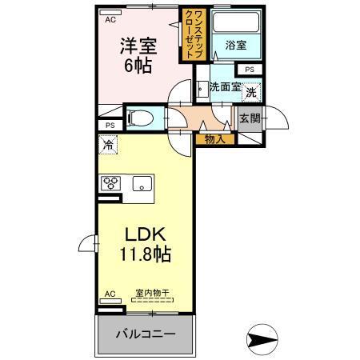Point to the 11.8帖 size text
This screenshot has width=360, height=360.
(x=146, y=257)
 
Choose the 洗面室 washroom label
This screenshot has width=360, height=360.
(x=225, y=88)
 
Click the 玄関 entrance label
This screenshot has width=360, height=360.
(x=250, y=120)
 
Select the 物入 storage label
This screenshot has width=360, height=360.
(x=214, y=138)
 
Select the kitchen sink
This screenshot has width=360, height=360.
(x=144, y=182)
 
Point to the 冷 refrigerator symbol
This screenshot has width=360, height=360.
(x=109, y=146)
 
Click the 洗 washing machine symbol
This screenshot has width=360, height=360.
(x=251, y=92)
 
